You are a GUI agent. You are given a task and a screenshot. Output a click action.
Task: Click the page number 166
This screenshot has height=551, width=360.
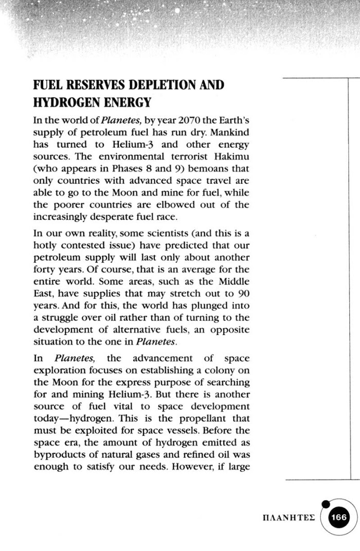tap(339, 518)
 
